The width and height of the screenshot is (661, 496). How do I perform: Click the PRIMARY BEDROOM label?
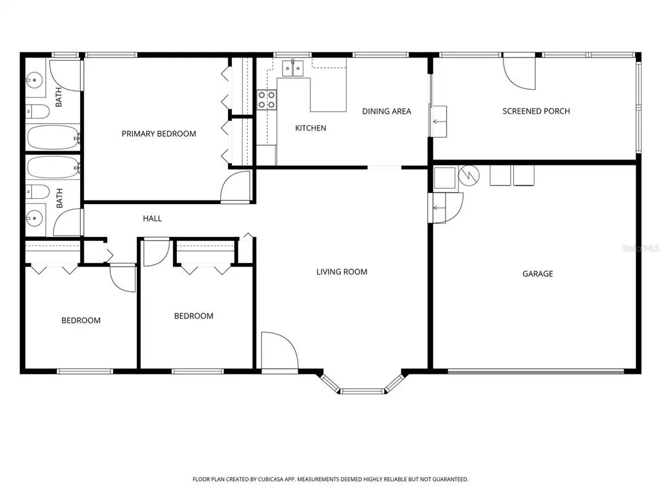[159, 134]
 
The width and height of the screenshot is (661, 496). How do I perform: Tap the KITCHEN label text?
[310, 128]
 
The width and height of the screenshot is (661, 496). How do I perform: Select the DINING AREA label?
[387, 111]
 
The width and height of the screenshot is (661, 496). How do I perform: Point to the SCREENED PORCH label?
[536, 111]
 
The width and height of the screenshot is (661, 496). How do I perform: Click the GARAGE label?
[538, 274]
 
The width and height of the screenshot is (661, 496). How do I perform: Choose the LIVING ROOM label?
[341, 272]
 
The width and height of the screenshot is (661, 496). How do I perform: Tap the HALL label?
[152, 218]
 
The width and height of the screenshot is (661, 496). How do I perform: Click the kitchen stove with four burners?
[267, 100]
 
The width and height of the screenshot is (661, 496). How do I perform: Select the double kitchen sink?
[292, 68]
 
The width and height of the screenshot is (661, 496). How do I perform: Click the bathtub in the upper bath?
[53, 137]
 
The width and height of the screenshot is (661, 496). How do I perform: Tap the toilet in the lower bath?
[37, 192]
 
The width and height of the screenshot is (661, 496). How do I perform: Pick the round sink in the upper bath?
[34, 79]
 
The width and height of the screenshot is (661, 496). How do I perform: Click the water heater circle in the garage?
[469, 176]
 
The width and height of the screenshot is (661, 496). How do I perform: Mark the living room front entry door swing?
[280, 350]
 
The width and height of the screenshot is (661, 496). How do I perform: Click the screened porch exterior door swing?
[520, 74]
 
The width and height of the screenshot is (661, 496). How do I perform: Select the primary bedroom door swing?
[236, 187]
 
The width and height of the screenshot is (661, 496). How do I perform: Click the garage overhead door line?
[535, 371]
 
